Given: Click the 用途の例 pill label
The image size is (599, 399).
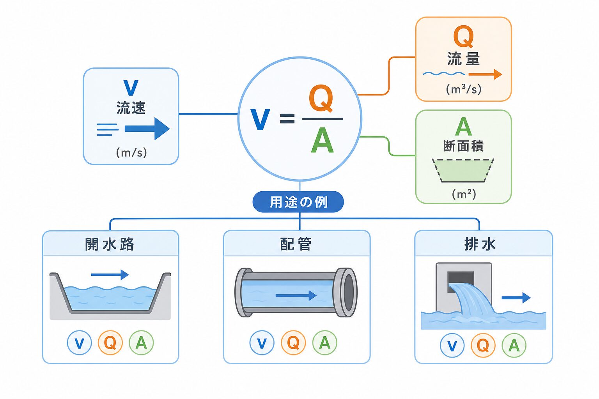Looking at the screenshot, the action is [x=298, y=202].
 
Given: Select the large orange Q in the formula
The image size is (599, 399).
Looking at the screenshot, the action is [x=321, y=98].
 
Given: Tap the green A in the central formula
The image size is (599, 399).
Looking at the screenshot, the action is [x=323, y=140].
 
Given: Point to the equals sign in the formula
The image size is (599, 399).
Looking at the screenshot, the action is [x=287, y=119].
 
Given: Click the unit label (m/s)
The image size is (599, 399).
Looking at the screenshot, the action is [x=131, y=153].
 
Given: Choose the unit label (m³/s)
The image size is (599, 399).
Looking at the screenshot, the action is [x=464, y=89].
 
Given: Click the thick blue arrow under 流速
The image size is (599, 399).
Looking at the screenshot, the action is [x=147, y=129].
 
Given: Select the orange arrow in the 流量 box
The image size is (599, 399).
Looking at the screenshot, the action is [x=486, y=74].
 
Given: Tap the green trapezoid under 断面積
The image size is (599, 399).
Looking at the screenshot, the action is [x=463, y=171].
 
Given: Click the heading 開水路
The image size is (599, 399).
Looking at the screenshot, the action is [x=109, y=244].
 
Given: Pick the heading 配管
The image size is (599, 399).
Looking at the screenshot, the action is [x=296, y=244].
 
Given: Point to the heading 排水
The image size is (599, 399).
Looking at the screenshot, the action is [x=480, y=244].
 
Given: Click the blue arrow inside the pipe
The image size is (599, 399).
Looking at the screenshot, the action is [x=296, y=295].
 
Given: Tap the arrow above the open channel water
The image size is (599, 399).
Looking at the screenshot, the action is [x=110, y=274].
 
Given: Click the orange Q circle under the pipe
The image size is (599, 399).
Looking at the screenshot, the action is [x=293, y=343].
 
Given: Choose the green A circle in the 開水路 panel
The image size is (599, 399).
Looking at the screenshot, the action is [x=141, y=343].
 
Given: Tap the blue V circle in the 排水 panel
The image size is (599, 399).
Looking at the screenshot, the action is [x=452, y=345].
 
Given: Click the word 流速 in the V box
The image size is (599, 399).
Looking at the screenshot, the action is [x=131, y=108].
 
